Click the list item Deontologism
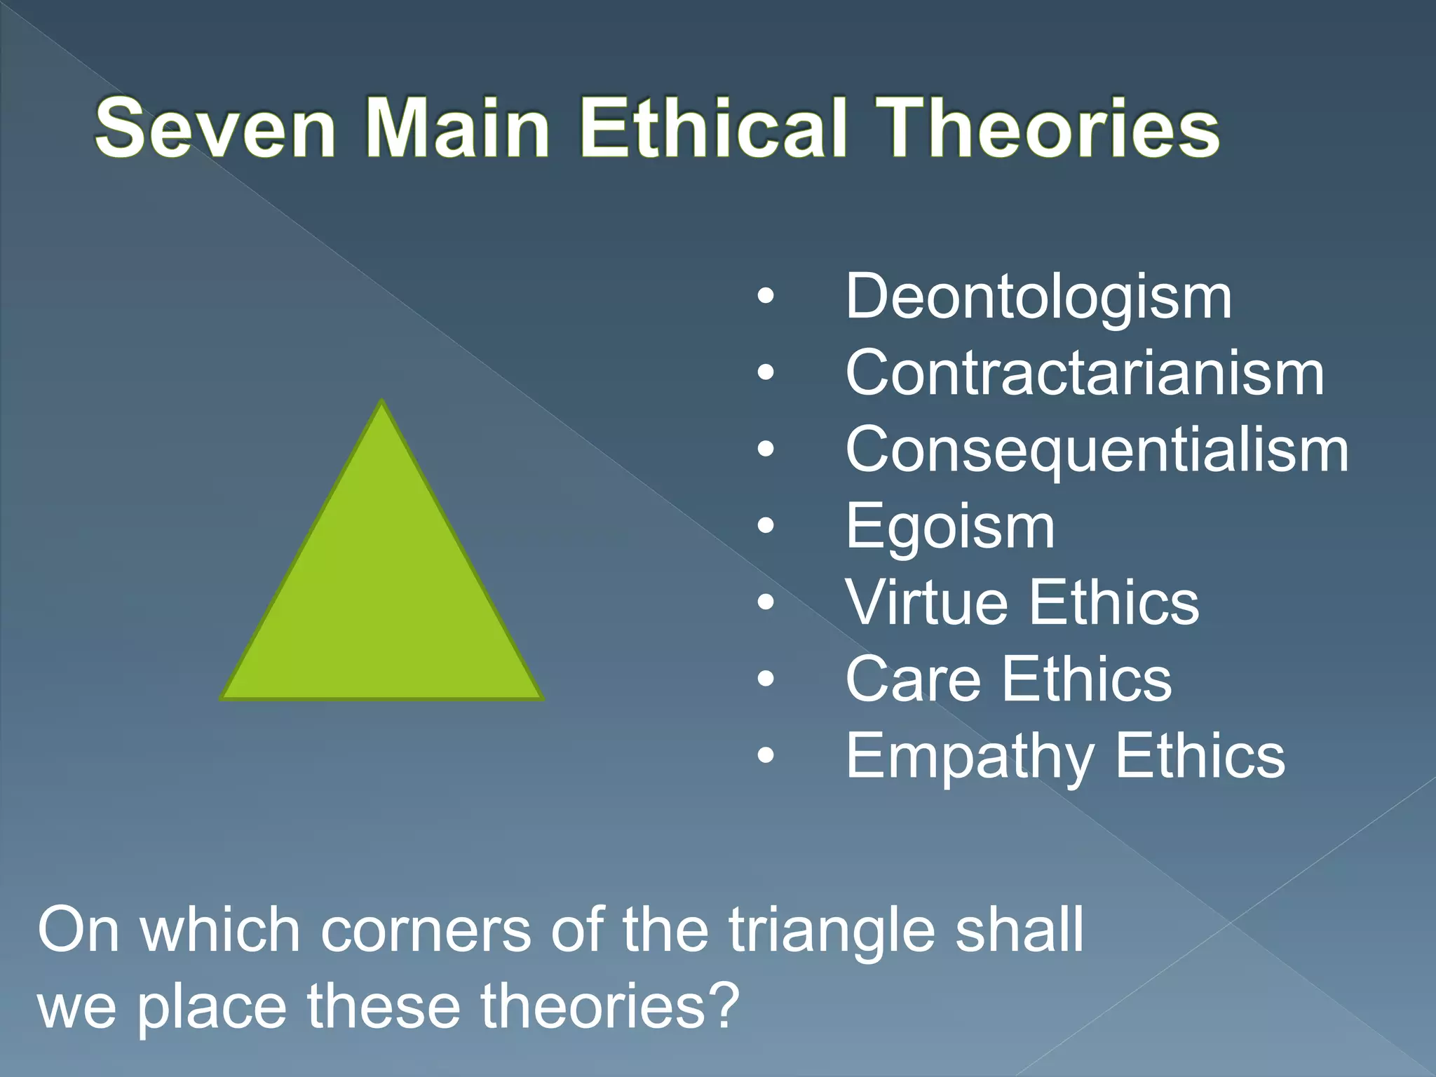(1038, 297)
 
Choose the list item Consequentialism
(1097, 450)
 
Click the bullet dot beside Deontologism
(766, 297)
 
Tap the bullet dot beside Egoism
(766, 525)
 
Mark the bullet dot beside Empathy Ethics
(766, 755)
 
